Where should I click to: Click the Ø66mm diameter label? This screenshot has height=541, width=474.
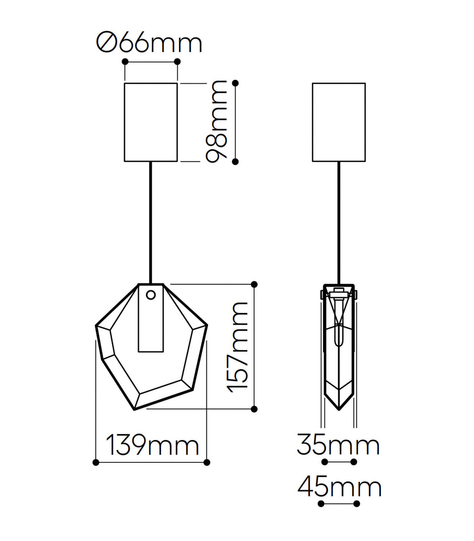(149, 43)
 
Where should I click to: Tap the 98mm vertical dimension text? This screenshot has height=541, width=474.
(217, 122)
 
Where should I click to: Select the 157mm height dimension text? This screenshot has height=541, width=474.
(237, 347)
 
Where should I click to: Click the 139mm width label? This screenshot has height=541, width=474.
(152, 445)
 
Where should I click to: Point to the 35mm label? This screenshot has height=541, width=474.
(338, 445)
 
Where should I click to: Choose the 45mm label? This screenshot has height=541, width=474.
(340, 487)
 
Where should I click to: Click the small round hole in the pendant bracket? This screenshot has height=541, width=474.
(150, 295)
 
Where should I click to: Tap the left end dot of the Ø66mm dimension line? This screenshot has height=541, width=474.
(125, 62)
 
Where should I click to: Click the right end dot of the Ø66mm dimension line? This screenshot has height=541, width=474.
(177, 62)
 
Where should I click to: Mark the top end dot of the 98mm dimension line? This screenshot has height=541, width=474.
(236, 83)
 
